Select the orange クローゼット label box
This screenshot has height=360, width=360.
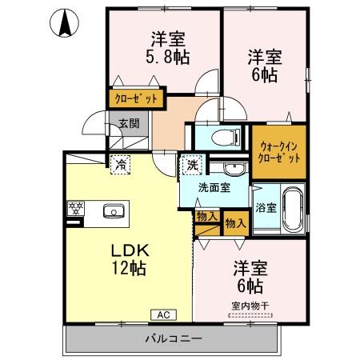[137, 99]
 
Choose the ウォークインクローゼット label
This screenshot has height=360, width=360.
[279, 149]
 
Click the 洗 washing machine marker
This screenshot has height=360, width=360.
[192, 166]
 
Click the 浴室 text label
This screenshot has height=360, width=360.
[265, 208]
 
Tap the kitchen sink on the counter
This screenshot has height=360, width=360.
[113, 211]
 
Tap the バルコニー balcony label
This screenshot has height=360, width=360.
[173, 339]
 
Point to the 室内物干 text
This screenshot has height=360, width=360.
[250, 305]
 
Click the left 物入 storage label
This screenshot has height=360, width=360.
[205, 216]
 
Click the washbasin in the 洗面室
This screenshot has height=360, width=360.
[234, 168]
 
